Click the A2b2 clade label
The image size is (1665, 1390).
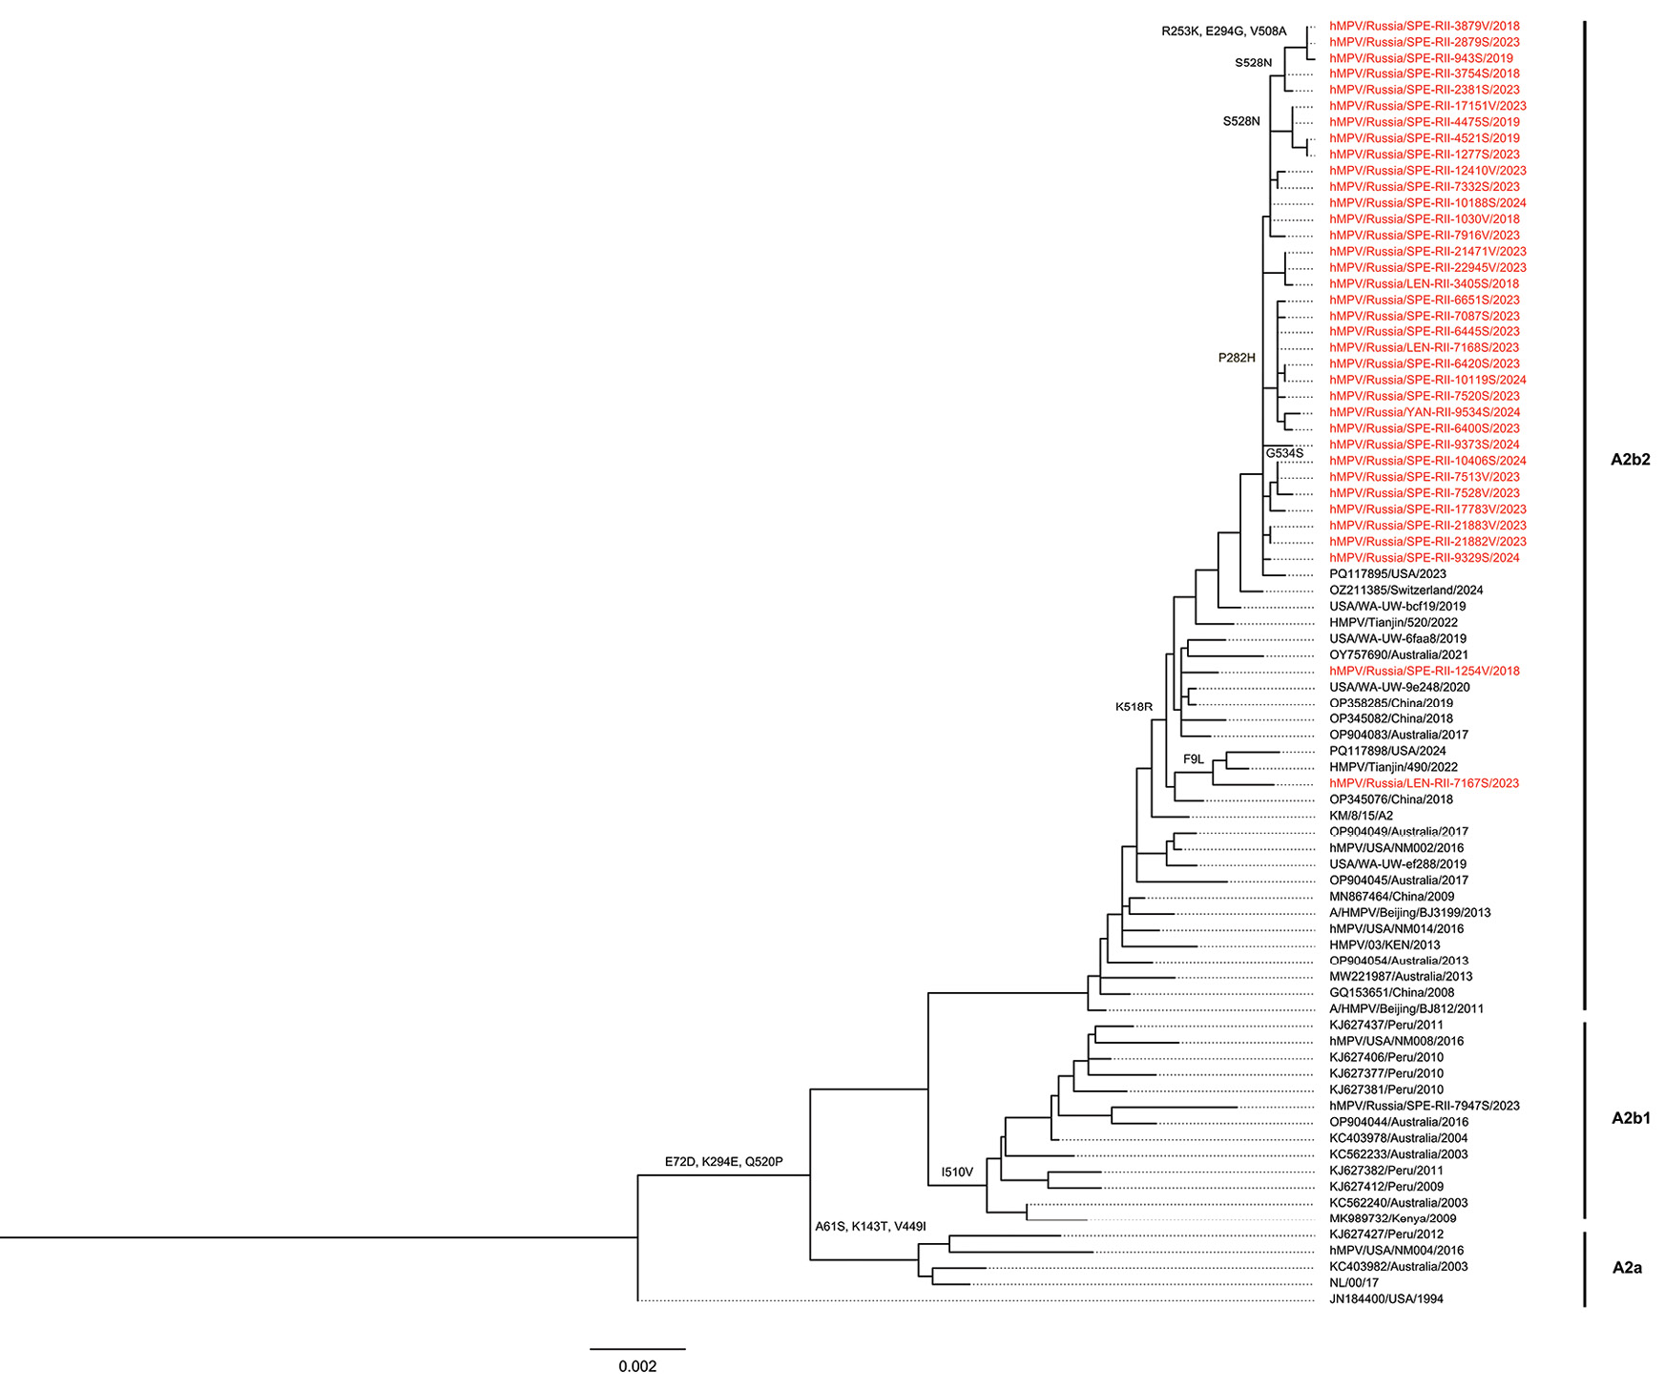coord(1630,460)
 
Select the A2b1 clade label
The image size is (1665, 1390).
coord(1630,1119)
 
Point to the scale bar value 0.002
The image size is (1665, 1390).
coord(637,1366)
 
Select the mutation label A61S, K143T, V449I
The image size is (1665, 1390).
coord(870,1226)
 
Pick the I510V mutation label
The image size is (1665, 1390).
coord(957,1172)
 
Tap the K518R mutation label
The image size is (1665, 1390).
coord(1134,707)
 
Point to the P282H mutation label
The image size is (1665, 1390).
coord(1237,358)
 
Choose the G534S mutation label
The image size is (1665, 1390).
coord(1284,453)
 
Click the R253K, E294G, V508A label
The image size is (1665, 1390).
coord(1223,31)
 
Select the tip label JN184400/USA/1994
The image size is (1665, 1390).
coord(1385,1299)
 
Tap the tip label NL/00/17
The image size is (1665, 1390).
coord(1354,1283)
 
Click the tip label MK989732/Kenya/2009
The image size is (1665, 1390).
coord(1392,1218)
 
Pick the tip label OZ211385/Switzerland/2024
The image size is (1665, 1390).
coord(1405,591)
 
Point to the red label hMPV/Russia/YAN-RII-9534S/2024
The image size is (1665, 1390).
coord(1424,412)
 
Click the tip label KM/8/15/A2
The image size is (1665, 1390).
coord(1361,816)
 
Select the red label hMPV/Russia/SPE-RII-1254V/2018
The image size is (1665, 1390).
coord(1424,671)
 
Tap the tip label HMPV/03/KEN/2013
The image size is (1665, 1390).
coord(1384,944)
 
